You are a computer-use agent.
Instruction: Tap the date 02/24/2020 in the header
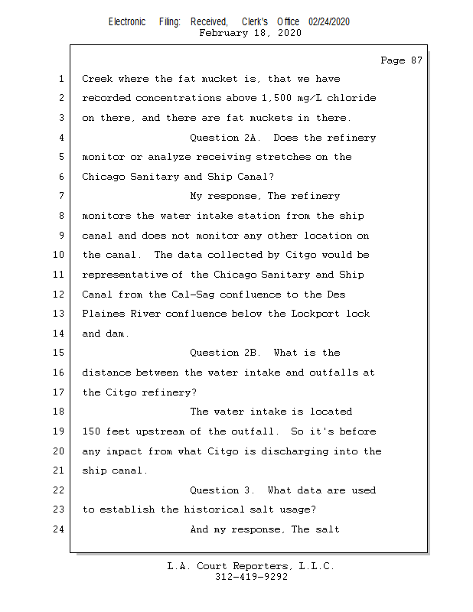tap(329, 22)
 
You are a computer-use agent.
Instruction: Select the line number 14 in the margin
tap(60, 334)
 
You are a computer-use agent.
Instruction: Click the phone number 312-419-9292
tap(251, 578)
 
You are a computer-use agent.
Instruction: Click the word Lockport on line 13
tap(316, 314)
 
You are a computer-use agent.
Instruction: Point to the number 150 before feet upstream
tap(91, 431)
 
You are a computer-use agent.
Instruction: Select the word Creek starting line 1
tap(97, 79)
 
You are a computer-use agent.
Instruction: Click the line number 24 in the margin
tap(60, 529)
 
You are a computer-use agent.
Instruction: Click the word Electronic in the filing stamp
tap(127, 22)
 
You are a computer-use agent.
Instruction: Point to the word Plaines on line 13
tap(103, 314)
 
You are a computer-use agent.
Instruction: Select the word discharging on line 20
tap(292, 451)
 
